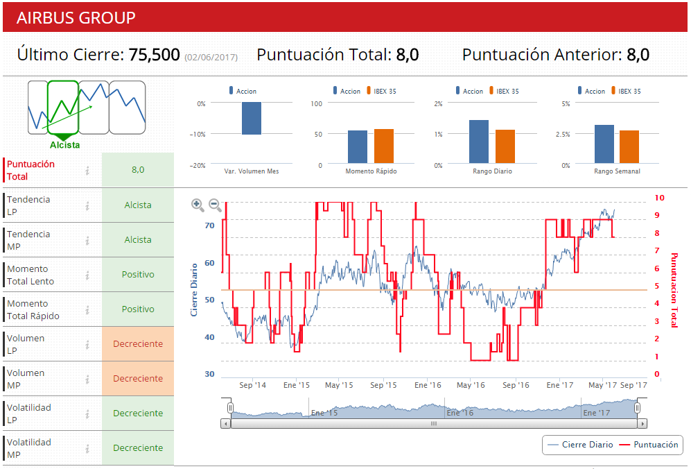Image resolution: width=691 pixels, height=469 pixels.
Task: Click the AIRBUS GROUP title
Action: (76, 18)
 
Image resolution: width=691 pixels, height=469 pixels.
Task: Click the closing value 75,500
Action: (155, 55)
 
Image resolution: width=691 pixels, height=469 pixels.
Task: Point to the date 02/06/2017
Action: (211, 57)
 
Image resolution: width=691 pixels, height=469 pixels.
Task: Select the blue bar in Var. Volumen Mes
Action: (252, 119)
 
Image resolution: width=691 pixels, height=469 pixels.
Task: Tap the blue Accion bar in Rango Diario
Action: (478, 142)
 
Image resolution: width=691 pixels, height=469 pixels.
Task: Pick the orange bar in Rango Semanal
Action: (629, 146)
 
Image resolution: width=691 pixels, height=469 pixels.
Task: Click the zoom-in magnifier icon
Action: (198, 205)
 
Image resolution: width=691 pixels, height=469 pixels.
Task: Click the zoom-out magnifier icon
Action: (216, 205)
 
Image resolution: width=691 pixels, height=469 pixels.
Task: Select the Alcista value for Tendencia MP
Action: (138, 240)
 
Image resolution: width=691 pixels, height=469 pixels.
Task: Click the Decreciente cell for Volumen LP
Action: (138, 344)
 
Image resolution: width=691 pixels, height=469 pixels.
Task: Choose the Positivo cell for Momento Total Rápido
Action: (138, 309)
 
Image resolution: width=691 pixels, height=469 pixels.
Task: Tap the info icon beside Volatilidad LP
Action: (87, 413)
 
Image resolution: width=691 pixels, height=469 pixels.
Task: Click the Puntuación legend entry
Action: (649, 445)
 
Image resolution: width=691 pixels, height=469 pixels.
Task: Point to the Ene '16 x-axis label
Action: (427, 385)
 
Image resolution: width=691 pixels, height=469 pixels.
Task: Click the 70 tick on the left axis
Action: (209, 225)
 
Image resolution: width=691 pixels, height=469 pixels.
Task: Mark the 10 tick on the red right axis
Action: (659, 198)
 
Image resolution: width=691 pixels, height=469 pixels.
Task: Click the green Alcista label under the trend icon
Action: (64, 145)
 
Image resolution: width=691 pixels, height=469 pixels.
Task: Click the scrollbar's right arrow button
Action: (642, 423)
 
